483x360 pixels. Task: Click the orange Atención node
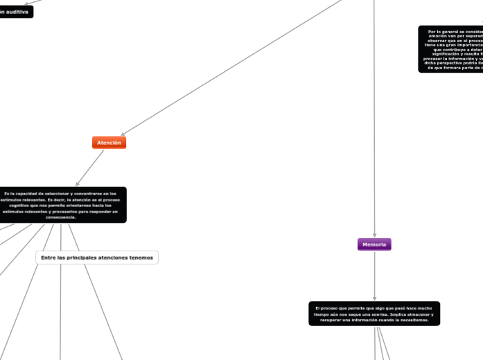pyautogui.click(x=109, y=143)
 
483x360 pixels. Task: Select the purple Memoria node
pyautogui.click(x=374, y=244)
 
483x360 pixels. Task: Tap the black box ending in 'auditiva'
pyautogui.click(x=16, y=12)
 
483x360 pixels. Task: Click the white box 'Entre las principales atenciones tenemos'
pyautogui.click(x=97, y=258)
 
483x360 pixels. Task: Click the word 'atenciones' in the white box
pyautogui.click(x=116, y=258)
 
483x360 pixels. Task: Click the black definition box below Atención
pyautogui.click(x=62, y=205)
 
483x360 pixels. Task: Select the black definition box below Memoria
pyautogui.click(x=374, y=314)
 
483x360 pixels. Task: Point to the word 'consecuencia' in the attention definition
pyautogui.click(x=60, y=217)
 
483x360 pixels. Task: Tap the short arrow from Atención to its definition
pyautogui.click(x=89, y=168)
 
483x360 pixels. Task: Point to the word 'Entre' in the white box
pyautogui.click(x=49, y=258)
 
